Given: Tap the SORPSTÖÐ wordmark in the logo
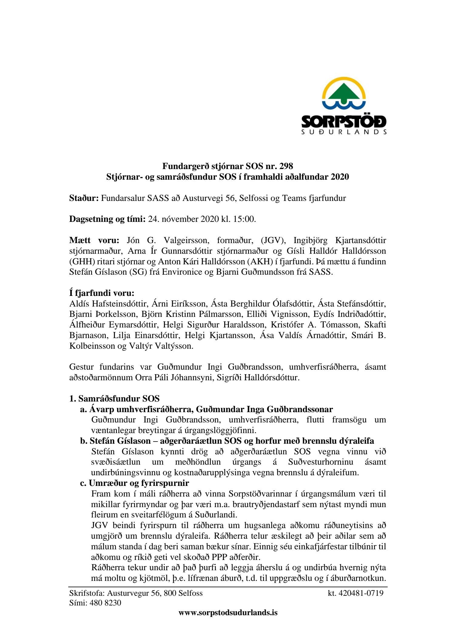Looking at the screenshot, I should [x=344, y=122].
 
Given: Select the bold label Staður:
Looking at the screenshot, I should [x=84, y=198].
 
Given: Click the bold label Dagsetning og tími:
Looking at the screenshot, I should [x=107, y=219].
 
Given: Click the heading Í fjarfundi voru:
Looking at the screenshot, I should [x=102, y=293].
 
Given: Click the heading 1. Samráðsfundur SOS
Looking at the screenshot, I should [x=114, y=398].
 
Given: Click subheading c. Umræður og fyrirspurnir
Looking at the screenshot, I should [x=134, y=483].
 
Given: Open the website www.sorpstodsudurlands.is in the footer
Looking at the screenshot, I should [x=228, y=612].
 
